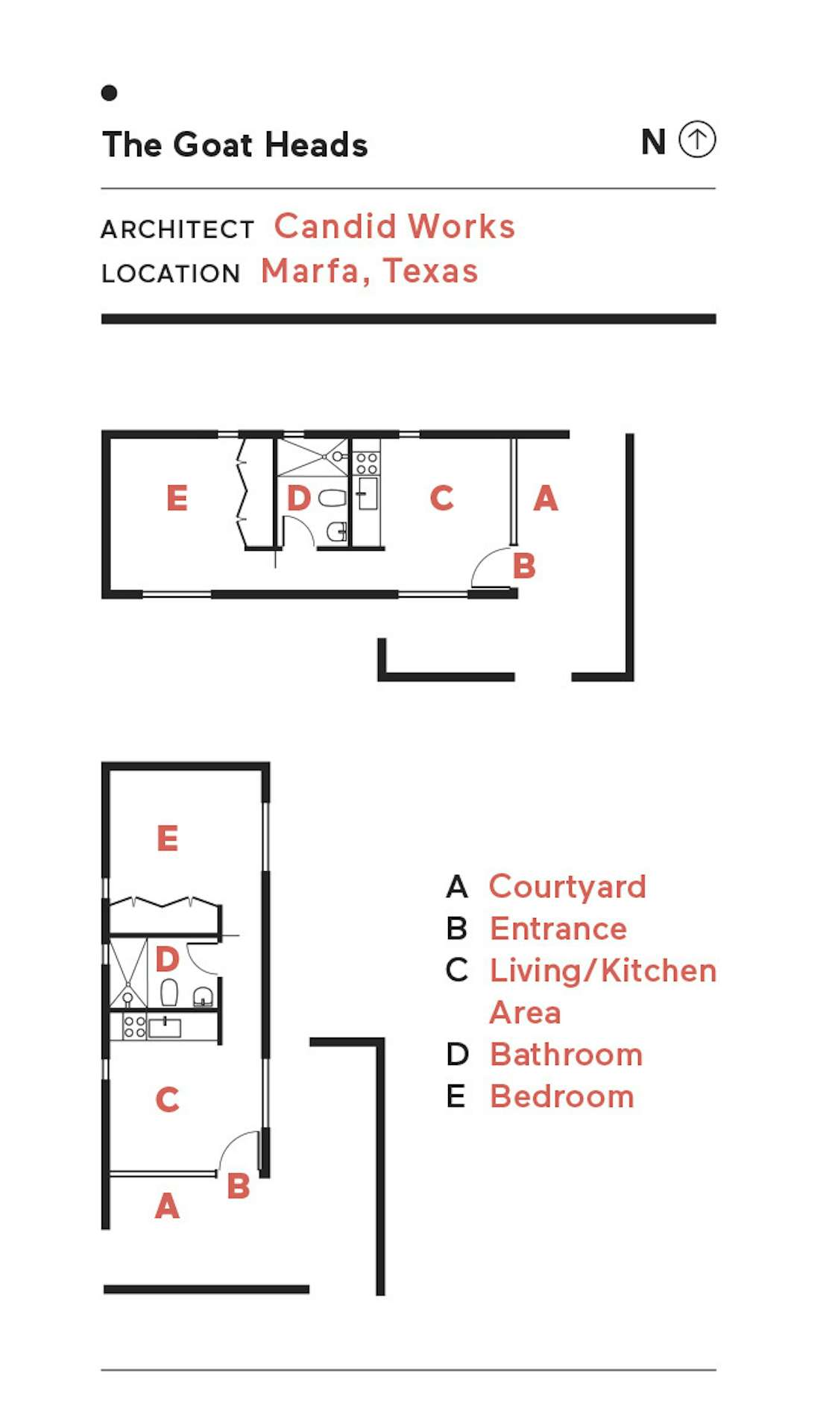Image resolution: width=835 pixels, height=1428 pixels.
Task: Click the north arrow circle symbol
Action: pos(697,139)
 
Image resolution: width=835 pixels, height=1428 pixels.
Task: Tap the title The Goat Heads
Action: pos(235,145)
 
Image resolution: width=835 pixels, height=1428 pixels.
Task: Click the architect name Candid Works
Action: pos(394,226)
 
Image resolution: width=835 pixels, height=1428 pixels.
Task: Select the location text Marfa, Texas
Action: pos(369,271)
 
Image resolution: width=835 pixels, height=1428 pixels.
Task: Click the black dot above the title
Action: pos(109,92)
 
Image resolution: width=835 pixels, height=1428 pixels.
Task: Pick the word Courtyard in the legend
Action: pos(567,887)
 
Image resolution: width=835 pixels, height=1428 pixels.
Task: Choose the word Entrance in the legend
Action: pos(558,929)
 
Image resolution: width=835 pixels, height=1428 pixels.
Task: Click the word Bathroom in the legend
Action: pos(566,1055)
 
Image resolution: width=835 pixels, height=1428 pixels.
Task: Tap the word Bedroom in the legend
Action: pos(562,1096)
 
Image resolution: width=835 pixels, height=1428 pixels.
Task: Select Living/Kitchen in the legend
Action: pos(603,970)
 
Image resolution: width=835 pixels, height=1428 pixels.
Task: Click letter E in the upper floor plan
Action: pos(177,498)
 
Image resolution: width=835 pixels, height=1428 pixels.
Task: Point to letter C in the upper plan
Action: pos(442,498)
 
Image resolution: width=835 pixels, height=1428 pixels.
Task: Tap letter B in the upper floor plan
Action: pos(524,566)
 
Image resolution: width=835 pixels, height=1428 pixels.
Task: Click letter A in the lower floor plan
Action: pos(167,1205)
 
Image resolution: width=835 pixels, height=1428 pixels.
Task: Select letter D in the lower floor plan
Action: pos(167,958)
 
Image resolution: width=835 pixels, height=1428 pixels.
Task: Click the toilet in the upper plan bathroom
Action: pos(333,498)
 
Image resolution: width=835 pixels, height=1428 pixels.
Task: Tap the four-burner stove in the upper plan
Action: pos(366,463)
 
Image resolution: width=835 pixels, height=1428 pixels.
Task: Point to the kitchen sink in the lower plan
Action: pos(165,1028)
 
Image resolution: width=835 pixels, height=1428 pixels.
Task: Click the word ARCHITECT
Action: pos(177,230)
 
